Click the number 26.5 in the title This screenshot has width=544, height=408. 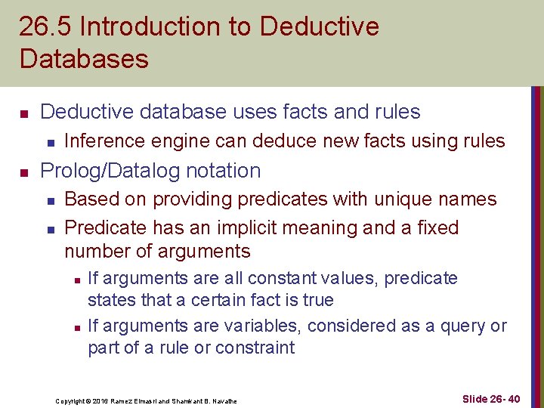[x=45, y=27]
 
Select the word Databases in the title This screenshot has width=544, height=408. [x=84, y=59]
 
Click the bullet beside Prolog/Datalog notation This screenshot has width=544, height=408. [x=24, y=172]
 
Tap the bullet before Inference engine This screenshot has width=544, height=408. [x=49, y=142]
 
